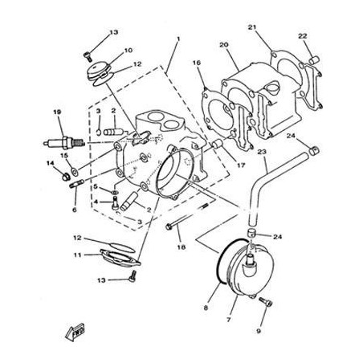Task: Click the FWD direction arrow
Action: click(x=75, y=332)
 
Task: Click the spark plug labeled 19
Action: click(x=64, y=143)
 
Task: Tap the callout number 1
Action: click(x=178, y=39)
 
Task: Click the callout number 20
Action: click(x=224, y=45)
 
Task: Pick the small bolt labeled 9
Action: click(x=266, y=302)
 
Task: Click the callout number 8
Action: click(x=206, y=308)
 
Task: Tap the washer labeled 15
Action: click(x=74, y=170)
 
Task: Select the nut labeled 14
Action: click(x=66, y=177)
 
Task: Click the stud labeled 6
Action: click(x=77, y=184)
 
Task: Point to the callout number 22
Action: click(x=303, y=36)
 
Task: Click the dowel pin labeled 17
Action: click(x=218, y=144)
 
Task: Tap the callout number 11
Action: click(x=77, y=255)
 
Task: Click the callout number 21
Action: click(x=252, y=27)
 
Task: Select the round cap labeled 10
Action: click(x=99, y=71)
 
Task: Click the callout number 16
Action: click(x=197, y=63)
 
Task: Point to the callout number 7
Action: click(x=228, y=320)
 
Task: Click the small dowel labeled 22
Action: click(x=314, y=60)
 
